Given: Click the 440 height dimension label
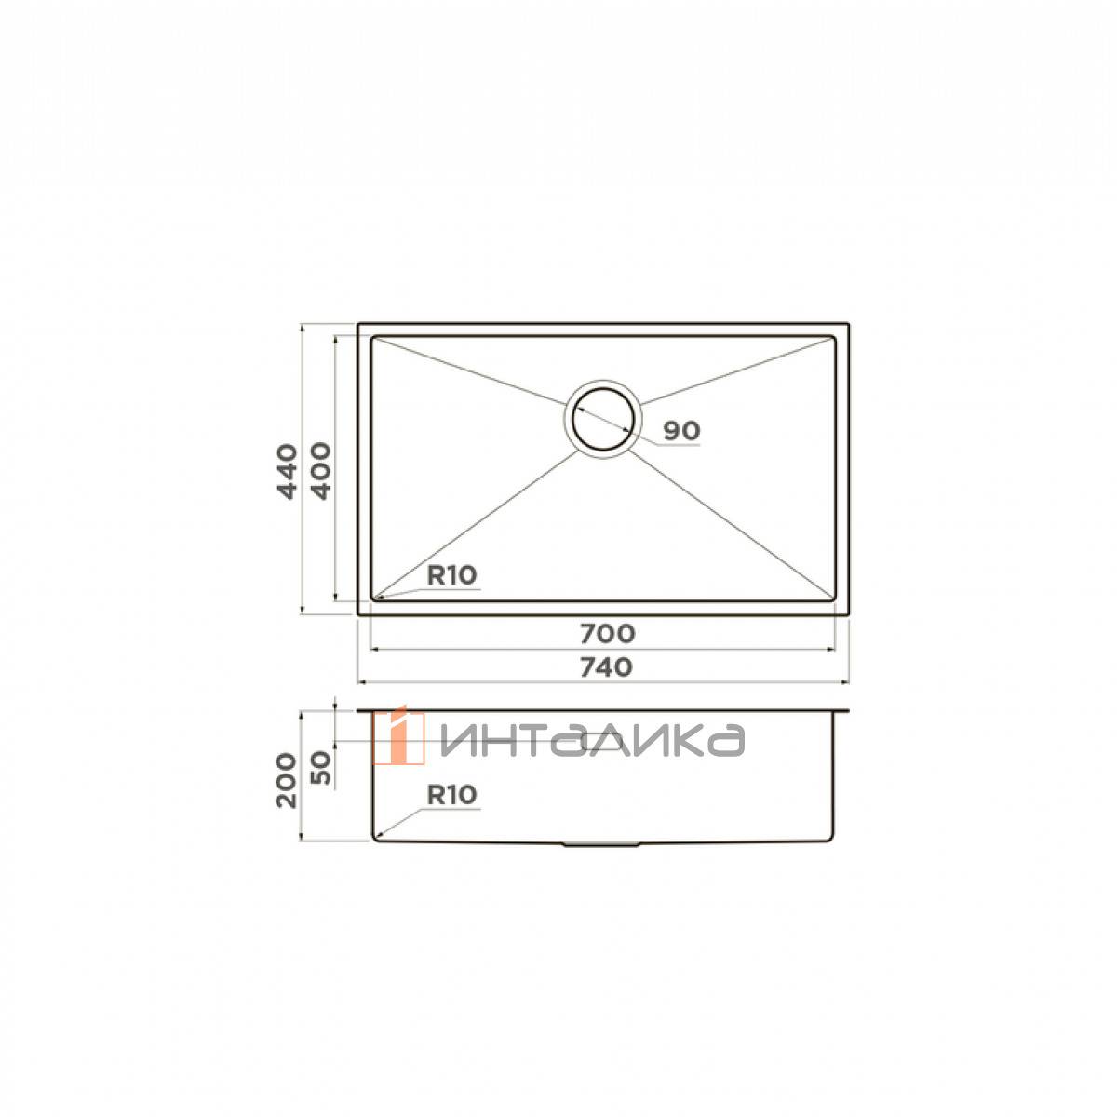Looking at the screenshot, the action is pyautogui.click(x=287, y=471).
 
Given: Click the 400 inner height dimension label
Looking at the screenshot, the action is pyautogui.click(x=320, y=471).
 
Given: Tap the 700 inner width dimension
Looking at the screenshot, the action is pyautogui.click(x=608, y=634).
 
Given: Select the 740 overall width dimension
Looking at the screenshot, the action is pyautogui.click(x=606, y=667).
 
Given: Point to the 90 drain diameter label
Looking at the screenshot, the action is pyautogui.click(x=681, y=431).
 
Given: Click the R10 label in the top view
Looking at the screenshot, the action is pyautogui.click(x=451, y=575).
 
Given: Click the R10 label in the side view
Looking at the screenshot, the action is pyautogui.click(x=451, y=795).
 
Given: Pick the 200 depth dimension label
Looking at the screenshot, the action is pyautogui.click(x=287, y=780).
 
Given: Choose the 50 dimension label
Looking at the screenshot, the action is pyautogui.click(x=320, y=767).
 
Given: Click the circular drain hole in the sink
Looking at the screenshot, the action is pyautogui.click(x=603, y=419).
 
